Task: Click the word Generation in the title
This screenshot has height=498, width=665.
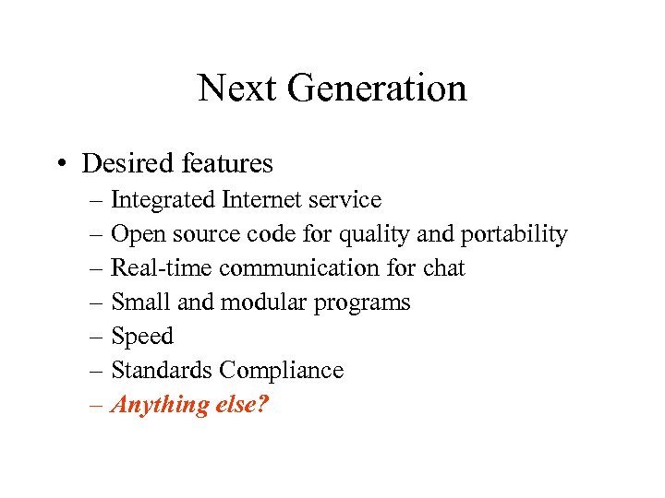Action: [377, 89]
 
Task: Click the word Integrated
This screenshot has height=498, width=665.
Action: [163, 200]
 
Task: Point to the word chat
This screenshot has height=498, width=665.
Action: [443, 268]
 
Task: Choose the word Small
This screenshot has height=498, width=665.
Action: [138, 302]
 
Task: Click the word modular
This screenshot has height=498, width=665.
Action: [244, 302]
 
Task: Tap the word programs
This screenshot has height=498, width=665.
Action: [364, 302]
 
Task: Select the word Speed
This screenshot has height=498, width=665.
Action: [141, 337]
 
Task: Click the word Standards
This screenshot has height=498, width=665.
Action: [161, 371]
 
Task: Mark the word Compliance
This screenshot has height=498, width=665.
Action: [281, 371]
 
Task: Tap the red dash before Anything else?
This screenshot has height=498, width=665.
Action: [98, 405]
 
